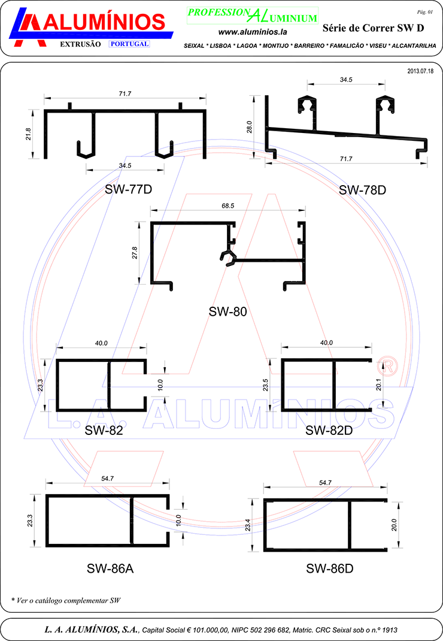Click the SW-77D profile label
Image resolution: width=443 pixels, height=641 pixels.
pyautogui.click(x=128, y=189)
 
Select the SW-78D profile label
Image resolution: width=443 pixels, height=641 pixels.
pyautogui.click(x=363, y=190)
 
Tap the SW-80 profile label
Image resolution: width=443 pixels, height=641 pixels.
pyautogui.click(x=227, y=312)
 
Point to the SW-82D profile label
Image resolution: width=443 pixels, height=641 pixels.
pyautogui.click(x=329, y=430)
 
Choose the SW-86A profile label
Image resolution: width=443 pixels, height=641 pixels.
pyautogui.click(x=110, y=569)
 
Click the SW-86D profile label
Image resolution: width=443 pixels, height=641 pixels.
pyautogui.click(x=330, y=569)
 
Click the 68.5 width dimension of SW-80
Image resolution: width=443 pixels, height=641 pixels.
pyautogui.click(x=228, y=205)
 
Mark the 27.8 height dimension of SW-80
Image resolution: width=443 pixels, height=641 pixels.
pyautogui.click(x=135, y=253)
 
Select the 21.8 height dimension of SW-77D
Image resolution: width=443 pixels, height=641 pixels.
pyautogui.click(x=28, y=134)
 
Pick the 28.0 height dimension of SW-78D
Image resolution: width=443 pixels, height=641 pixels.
pyautogui.click(x=249, y=127)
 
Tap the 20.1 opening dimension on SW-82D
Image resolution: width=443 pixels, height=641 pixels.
pyautogui.click(x=378, y=385)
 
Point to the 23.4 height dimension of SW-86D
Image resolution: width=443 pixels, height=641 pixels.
pyautogui.click(x=248, y=525)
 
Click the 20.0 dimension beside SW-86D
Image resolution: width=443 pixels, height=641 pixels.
pyautogui.click(x=394, y=525)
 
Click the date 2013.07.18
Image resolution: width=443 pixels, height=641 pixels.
pyautogui.click(x=420, y=71)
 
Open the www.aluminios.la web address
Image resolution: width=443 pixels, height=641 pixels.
pyautogui.click(x=253, y=32)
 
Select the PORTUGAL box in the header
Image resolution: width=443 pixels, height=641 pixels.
pyautogui.click(x=129, y=44)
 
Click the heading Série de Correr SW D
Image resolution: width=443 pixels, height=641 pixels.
pyautogui.click(x=373, y=28)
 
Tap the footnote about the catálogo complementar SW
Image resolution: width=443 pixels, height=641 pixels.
pyautogui.click(x=66, y=600)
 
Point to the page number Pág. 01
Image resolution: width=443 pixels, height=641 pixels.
pyautogui.click(x=424, y=12)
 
